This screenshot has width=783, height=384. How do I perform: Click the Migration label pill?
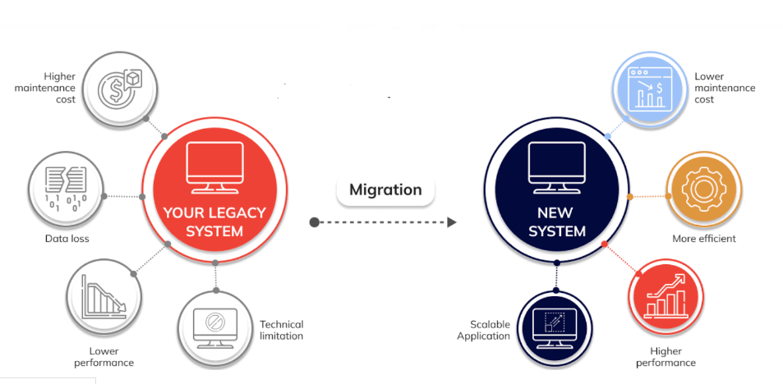[x=385, y=190]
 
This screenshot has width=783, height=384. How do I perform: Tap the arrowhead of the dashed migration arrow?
[x=451, y=222]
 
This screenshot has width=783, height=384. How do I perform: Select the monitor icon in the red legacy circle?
[x=215, y=163]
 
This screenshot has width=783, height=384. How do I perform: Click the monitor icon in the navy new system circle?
[x=556, y=163]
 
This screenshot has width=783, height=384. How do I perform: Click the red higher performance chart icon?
[x=666, y=297]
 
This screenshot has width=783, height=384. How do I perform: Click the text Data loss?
[x=67, y=239]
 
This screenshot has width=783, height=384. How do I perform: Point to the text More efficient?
[x=704, y=239]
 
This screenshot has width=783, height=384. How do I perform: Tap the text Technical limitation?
[x=282, y=330]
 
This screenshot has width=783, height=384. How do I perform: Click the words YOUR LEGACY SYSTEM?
[x=214, y=222]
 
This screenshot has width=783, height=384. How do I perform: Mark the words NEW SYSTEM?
[x=556, y=222]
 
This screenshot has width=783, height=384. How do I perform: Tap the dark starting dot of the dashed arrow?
[x=314, y=222]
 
